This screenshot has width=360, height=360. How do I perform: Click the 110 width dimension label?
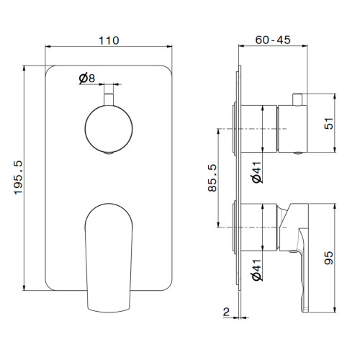109,40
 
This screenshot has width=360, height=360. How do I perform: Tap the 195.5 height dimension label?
18,178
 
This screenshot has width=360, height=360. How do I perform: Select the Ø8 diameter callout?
87,78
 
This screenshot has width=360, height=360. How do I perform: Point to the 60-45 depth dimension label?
273,40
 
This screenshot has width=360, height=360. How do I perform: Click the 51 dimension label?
329,123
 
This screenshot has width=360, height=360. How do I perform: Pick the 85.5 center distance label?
212,178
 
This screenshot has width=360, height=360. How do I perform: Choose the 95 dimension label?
329,258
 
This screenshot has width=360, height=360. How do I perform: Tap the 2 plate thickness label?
226,312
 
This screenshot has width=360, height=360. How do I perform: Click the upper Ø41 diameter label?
257,172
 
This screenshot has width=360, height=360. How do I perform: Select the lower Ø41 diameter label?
257,270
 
